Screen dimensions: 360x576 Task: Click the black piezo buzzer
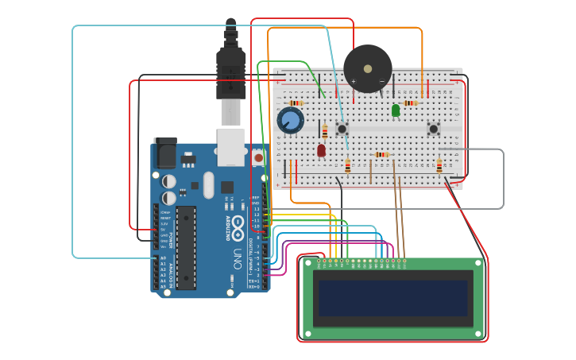367,68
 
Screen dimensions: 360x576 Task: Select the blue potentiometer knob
290,121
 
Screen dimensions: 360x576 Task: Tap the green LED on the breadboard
396,110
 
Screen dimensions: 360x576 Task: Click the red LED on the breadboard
321,149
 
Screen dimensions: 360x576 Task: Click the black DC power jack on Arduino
165,153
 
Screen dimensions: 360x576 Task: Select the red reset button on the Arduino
258,158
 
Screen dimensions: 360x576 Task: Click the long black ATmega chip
185,238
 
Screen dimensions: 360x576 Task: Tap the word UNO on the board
237,258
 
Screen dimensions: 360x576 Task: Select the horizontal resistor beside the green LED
410,103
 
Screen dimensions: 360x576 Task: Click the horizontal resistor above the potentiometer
296,103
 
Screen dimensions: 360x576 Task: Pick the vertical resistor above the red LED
324,131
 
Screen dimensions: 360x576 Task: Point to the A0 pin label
163,258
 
